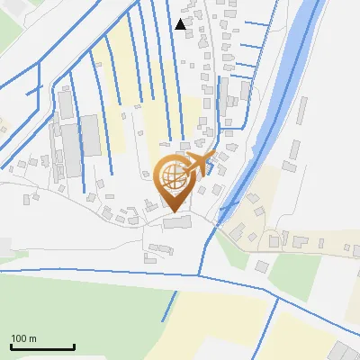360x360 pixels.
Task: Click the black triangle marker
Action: [181, 24]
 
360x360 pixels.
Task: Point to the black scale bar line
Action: [42, 347]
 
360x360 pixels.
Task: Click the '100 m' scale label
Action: [23, 338]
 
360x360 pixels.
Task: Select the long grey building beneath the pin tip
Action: [176, 222]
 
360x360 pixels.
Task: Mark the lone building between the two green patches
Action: [261, 266]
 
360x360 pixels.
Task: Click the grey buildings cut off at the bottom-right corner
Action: [344, 352]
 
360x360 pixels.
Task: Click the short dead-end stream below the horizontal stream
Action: [168, 306]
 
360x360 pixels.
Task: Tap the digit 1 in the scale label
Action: [13, 338]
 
